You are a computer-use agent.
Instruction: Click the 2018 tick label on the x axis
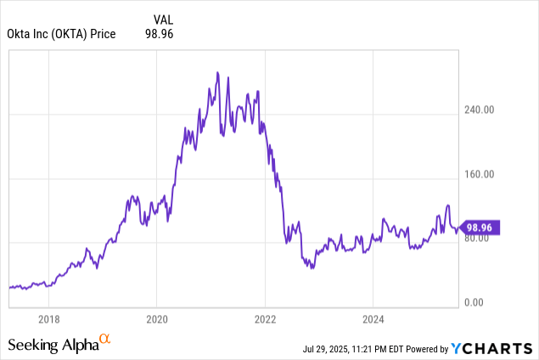[x=49, y=320]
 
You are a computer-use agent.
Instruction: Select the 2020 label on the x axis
[x=157, y=320]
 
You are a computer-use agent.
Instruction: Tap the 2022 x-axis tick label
[x=266, y=320]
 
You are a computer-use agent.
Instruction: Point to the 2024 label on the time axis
[x=373, y=320]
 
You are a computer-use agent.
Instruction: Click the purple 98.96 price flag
[x=482, y=228]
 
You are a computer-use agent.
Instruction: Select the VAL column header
[x=164, y=17]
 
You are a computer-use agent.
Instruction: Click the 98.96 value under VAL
[x=162, y=33]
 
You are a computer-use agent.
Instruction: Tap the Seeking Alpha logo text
[x=53, y=345]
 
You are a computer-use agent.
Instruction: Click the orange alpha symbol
[x=105, y=339]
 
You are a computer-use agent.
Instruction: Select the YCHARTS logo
[x=491, y=348]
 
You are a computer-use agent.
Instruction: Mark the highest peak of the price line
[x=217, y=73]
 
